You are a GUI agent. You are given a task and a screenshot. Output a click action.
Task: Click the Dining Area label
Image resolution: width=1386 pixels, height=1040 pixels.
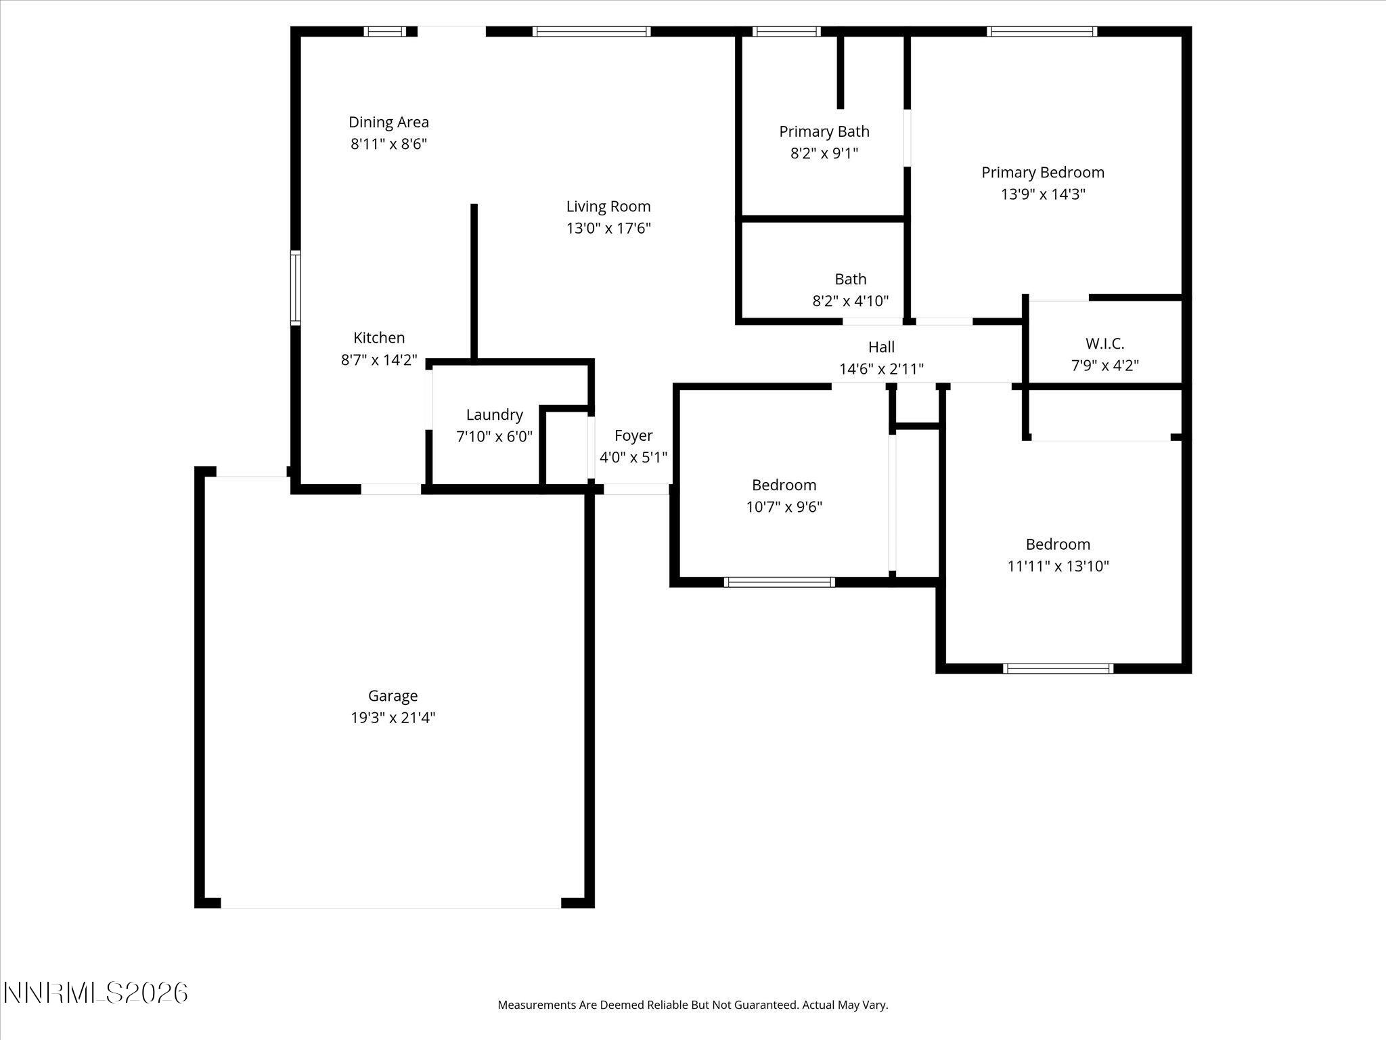click(388, 122)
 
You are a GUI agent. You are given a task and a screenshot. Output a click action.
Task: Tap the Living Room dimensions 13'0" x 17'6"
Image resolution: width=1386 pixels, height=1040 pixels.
click(608, 228)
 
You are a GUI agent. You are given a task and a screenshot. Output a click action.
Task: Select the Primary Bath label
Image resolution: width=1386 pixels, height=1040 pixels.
click(824, 131)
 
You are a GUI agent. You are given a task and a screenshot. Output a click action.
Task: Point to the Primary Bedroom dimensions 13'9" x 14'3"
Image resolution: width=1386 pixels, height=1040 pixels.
click(1043, 194)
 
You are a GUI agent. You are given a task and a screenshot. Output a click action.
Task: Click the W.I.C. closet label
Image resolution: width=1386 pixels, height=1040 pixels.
click(1104, 343)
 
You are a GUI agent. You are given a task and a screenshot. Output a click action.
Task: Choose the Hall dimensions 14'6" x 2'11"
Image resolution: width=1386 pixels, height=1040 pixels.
click(881, 369)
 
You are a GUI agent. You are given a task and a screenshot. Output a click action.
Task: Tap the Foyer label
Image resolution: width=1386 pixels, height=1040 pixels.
click(633, 435)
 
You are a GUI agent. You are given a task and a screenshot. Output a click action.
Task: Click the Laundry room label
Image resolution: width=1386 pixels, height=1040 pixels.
click(494, 414)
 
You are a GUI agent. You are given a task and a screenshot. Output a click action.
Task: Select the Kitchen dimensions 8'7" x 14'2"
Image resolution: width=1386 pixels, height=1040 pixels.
click(379, 360)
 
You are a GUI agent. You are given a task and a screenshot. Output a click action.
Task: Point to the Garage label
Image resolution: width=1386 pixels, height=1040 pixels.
click(393, 695)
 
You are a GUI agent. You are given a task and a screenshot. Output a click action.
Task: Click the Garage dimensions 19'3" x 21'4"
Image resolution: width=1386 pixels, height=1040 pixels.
click(393, 718)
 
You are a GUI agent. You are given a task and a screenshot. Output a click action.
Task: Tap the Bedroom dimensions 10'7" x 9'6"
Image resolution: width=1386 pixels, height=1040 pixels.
click(784, 507)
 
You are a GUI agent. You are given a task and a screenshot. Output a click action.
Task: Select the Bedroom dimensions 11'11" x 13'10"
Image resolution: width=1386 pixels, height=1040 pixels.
click(1058, 566)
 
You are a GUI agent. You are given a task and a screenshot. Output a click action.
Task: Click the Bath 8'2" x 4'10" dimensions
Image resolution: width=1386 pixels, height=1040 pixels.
click(850, 301)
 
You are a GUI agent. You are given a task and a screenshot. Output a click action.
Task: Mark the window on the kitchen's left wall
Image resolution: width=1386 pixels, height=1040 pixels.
click(296, 287)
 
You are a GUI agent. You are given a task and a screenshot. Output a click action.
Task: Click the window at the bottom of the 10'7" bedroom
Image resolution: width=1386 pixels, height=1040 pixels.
click(779, 582)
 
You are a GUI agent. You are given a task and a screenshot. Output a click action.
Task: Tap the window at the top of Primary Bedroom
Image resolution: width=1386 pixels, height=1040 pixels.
click(1042, 31)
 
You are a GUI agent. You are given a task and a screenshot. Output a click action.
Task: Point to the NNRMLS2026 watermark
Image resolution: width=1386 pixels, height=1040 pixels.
click(95, 993)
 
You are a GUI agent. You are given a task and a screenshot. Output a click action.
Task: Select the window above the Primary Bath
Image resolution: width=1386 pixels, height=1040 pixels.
click(786, 31)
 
